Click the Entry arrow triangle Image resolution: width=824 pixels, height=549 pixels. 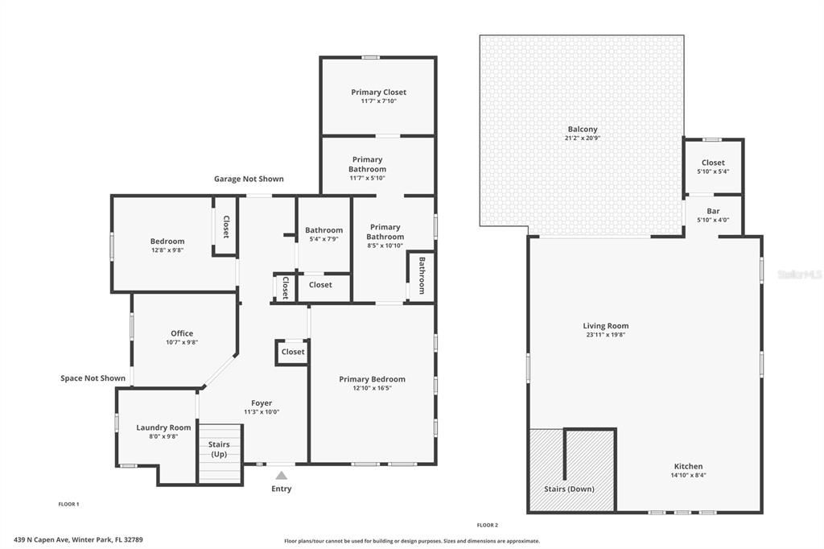coord(282,476)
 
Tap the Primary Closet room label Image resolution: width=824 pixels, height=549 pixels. coord(378,92)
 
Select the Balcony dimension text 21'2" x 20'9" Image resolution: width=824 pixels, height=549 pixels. coord(583,138)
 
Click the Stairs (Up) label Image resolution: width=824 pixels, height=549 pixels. coord(219,449)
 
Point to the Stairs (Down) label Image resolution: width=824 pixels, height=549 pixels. coord(569,489)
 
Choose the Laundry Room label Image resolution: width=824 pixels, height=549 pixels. coord(163,427)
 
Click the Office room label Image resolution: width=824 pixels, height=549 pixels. coord(182,333)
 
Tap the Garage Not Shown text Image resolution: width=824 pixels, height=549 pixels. coord(249,179)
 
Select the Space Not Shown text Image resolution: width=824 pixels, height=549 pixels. coord(93,378)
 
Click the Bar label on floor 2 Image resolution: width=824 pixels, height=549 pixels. coord(713,211)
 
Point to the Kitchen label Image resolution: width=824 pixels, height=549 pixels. coord(689,466)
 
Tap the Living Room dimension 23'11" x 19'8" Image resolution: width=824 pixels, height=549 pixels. coord(605,334)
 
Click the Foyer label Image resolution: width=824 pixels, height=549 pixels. coord(262,403)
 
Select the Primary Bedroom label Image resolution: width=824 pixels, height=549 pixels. coord(372,379)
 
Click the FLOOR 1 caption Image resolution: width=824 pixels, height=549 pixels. coord(68,504)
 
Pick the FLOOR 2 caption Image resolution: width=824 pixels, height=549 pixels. coord(487,526)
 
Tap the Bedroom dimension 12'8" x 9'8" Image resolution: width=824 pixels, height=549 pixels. coord(167,250)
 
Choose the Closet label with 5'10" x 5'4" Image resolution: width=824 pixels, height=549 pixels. coord(713,163)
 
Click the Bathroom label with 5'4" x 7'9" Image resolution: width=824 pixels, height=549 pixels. coord(323,230)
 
